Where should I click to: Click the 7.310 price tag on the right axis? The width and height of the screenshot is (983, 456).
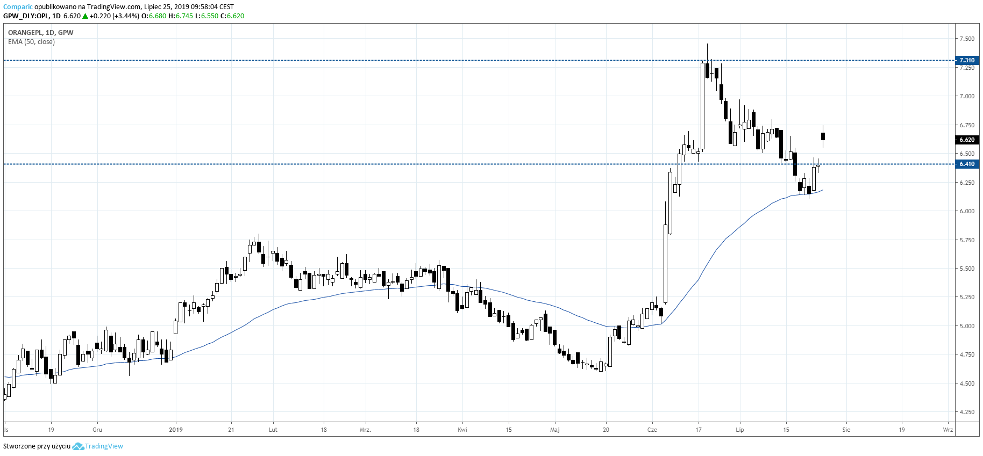tap(967, 60)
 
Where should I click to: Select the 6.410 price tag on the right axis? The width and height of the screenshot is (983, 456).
tap(967, 164)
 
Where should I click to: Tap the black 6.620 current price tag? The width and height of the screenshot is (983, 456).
tap(967, 140)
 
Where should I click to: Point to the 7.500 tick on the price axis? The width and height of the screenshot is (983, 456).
tap(967, 39)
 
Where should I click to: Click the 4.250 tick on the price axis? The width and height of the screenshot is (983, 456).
tap(967, 412)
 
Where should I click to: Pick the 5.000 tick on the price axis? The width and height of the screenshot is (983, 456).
tap(967, 326)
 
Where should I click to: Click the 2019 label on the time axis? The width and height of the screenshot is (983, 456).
tap(176, 430)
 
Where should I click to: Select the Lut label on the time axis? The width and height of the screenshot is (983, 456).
tap(273, 430)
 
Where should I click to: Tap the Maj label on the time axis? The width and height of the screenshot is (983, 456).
tap(555, 430)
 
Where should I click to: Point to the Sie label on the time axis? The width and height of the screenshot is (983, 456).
tap(846, 430)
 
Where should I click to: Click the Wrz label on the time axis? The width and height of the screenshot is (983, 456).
tap(948, 430)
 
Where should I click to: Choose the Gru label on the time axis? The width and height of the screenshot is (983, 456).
tap(97, 430)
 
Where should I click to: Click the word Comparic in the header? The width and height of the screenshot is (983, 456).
tap(18, 7)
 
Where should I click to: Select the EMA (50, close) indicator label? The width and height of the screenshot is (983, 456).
tap(31, 42)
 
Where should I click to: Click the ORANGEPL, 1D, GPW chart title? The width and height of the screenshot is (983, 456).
tap(41, 33)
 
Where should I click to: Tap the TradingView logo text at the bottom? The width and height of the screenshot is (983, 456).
tap(104, 446)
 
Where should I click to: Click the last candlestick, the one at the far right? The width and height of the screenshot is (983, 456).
tap(823, 136)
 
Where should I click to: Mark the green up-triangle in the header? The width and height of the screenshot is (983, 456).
tap(85, 16)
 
